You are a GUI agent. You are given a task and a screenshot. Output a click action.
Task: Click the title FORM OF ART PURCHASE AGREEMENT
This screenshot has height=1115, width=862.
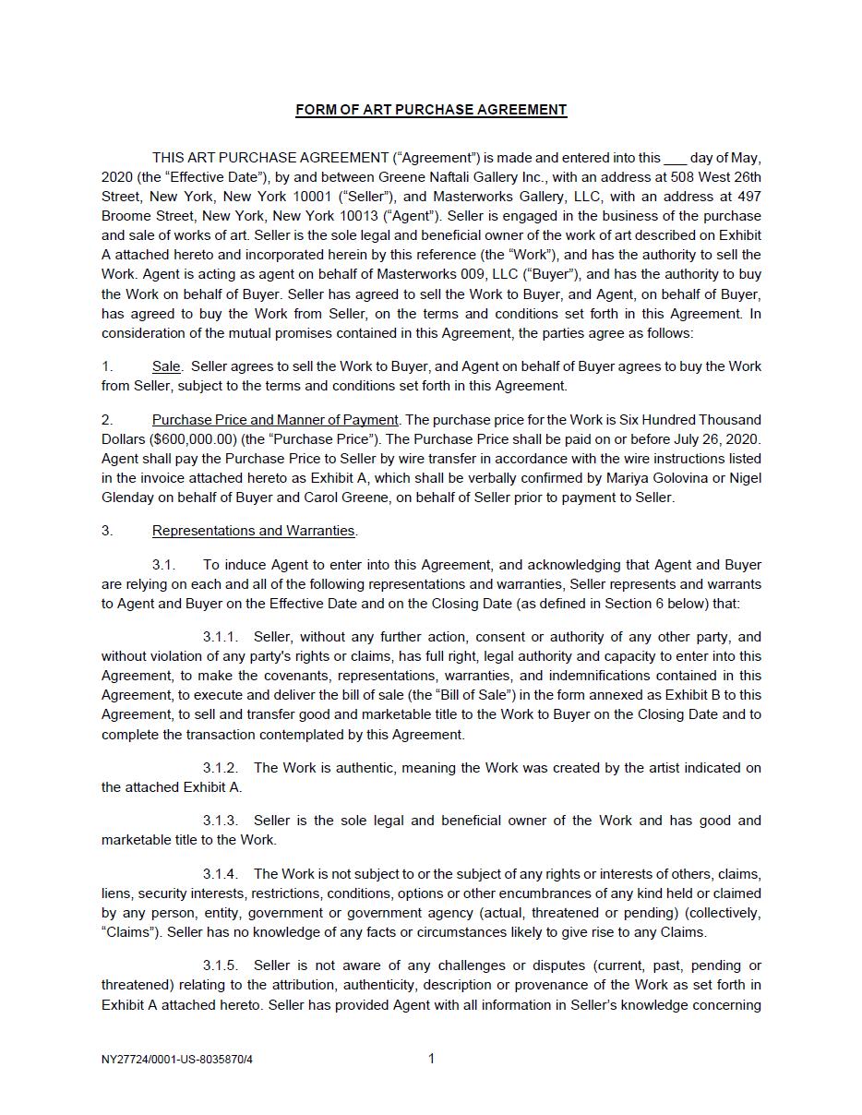[431, 110]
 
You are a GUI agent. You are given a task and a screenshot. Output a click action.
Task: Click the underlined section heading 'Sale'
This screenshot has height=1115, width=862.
[166, 366]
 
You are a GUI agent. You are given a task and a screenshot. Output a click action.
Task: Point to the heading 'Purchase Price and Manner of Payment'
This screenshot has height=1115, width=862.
[275, 420]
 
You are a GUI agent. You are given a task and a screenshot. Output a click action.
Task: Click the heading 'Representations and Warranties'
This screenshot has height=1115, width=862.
[254, 531]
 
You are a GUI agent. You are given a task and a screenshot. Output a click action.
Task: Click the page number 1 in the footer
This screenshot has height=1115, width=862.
[431, 1059]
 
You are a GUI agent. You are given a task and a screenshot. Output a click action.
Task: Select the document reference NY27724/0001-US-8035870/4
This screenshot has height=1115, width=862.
[177, 1060]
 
